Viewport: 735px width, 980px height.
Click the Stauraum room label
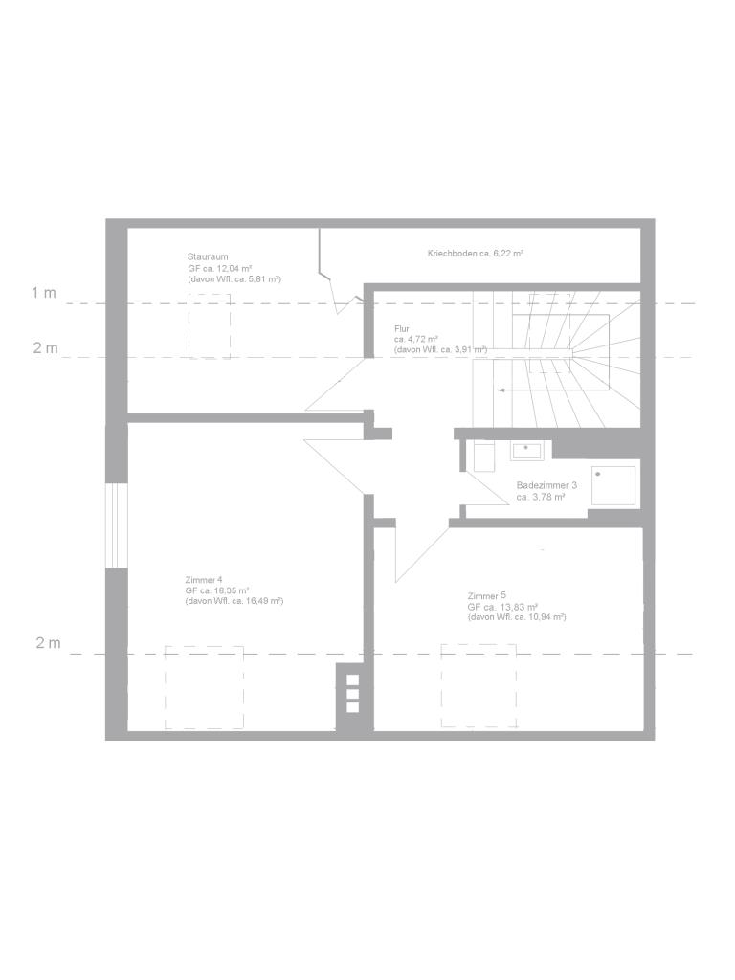point(208,256)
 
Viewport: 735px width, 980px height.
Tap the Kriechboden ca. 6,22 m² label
point(475,253)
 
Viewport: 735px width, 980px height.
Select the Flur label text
point(402,329)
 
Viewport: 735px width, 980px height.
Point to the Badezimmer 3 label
point(546,485)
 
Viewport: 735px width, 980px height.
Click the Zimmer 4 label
point(204,579)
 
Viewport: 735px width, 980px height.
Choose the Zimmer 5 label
point(486,595)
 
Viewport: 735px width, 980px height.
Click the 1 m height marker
point(44,293)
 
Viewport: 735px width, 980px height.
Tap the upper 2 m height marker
point(46,348)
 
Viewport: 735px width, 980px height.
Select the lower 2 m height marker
point(48,642)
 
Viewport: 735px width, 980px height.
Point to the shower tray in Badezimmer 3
point(613,485)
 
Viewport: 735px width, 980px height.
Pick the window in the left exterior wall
point(116,525)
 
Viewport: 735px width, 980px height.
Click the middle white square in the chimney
point(352,694)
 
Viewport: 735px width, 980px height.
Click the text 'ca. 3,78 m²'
point(541,498)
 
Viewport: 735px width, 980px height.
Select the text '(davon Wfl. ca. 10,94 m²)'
point(516,617)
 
